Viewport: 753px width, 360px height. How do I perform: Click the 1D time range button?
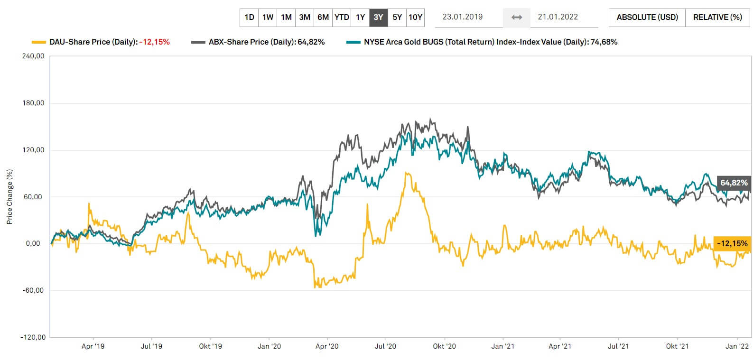coord(249,18)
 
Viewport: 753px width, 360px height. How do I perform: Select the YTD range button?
coord(342,18)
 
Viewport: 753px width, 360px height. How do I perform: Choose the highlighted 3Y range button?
coord(378,18)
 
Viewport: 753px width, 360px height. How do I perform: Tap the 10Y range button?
coord(415,18)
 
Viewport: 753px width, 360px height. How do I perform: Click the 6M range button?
coord(323,18)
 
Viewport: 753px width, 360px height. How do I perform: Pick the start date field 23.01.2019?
coord(462,17)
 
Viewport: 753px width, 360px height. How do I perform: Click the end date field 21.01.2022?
coord(558,17)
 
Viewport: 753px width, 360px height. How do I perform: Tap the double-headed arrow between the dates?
coord(517,18)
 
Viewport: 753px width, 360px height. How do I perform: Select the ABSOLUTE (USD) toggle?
coord(647,18)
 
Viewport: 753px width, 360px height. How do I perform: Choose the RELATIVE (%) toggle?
coord(717,18)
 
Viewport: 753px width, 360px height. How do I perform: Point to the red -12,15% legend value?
coord(154,42)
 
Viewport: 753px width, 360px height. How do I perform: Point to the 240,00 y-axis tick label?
coord(33,56)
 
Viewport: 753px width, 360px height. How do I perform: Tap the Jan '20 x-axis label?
coord(269,346)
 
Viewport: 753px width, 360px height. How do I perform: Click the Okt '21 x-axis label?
coord(677,346)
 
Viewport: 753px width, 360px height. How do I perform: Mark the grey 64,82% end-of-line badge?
coord(734,183)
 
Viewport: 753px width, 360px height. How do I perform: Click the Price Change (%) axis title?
coord(9,197)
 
